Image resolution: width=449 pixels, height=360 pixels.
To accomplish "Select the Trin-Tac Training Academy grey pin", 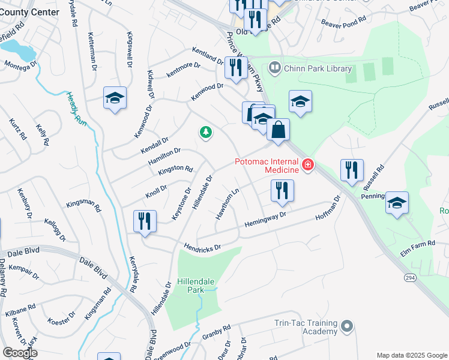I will tap(346, 326).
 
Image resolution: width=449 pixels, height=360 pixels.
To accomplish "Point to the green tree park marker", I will tap(206, 132).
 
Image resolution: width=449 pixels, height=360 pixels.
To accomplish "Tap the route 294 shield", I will tap(409, 279).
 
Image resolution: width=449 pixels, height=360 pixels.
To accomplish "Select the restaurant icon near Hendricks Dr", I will tap(145, 223).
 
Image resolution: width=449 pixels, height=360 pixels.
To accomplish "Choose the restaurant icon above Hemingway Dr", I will tap(281, 191).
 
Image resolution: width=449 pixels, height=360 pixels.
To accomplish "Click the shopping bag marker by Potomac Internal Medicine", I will tap(278, 130).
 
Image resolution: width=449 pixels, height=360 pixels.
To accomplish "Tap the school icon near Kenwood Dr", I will tap(115, 100).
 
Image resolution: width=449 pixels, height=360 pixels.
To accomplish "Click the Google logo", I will tap(20, 353).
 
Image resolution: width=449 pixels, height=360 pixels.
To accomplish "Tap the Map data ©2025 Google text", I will tap(411, 355).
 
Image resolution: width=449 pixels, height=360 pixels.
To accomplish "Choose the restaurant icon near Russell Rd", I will tap(352, 170).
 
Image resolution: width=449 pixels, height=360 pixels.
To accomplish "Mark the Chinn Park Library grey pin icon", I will tap(275, 68).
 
